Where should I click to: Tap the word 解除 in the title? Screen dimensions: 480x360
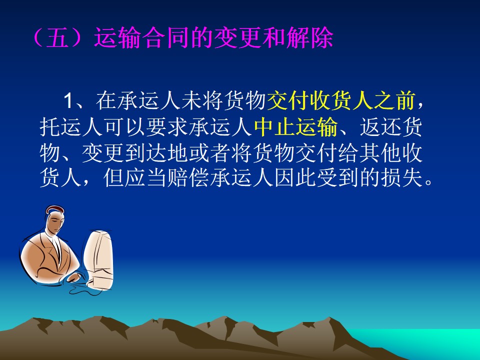[310, 38]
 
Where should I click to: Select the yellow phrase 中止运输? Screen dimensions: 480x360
[296, 126]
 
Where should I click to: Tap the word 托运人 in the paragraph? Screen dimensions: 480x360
[71, 126]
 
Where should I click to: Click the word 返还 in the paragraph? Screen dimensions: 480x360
[380, 126]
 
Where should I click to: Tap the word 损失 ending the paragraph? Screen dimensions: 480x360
[402, 178]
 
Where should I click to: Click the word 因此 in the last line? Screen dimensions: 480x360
[295, 178]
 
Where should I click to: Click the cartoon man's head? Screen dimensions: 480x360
[55, 220]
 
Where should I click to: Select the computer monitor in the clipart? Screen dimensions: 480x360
[98, 260]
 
